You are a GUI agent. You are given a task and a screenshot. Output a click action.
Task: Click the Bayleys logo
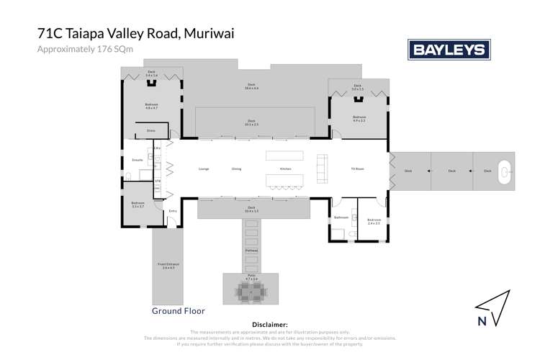point(449,49)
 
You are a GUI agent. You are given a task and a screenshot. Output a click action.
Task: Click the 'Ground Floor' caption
point(179,311)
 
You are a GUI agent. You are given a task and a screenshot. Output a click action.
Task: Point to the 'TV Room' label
point(357,169)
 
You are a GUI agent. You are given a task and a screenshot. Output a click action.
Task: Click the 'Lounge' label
point(204,169)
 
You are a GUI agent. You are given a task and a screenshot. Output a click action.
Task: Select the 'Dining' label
point(236,169)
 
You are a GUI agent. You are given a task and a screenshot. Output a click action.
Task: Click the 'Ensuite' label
point(138,159)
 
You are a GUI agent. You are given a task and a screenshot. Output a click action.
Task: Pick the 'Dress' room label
point(150,130)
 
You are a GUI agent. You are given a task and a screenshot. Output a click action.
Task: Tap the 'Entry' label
point(173,210)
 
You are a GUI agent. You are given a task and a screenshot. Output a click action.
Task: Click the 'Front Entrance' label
point(168,266)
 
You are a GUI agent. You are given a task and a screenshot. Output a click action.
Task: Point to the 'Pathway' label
point(251,250)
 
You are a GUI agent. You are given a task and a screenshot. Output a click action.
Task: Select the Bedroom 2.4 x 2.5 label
point(374,222)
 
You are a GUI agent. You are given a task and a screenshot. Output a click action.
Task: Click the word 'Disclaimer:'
point(270,325)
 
